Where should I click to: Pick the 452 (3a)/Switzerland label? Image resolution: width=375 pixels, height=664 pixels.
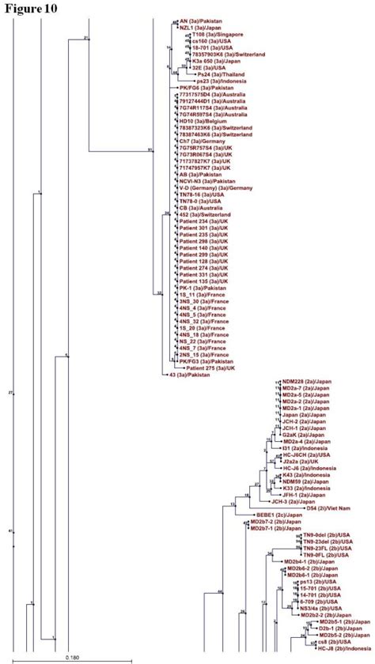pos(205,214)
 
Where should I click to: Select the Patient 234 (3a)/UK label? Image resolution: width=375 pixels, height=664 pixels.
pos(204,221)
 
